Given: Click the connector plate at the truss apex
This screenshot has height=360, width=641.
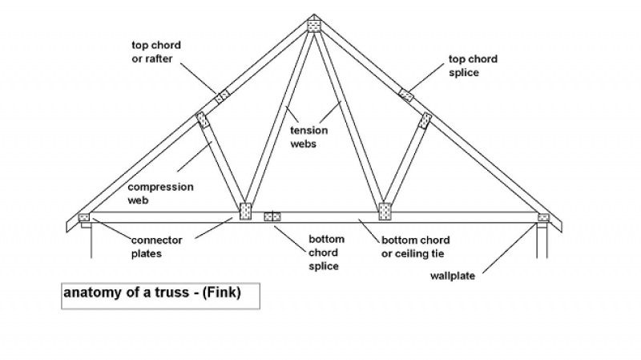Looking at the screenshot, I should pos(314,26).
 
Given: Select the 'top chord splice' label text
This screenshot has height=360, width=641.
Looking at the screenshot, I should pos(474,66).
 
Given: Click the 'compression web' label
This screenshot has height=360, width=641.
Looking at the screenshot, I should pos(160,193).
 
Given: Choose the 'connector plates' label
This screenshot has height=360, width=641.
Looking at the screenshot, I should pos(156,247).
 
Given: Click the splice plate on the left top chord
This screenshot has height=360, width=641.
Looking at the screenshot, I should pos(222,96).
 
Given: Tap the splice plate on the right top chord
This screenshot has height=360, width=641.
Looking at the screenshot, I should pos(406,96).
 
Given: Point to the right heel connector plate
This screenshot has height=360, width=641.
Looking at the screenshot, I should pos(543,217).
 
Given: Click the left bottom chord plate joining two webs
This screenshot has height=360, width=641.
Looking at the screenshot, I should pos(245,212).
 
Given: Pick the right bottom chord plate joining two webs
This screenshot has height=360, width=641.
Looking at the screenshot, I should pos(385,212).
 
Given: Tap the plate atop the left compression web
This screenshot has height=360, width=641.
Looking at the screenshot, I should pos(202,120).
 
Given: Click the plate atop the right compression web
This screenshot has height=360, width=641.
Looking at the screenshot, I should pos(425,120).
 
